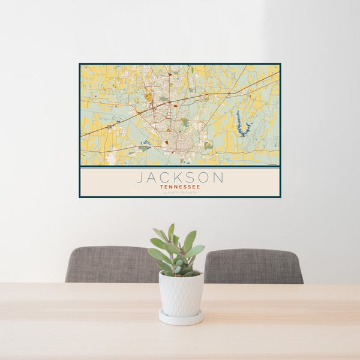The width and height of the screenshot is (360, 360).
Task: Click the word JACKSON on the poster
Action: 180,177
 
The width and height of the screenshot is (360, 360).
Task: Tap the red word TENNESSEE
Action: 180,186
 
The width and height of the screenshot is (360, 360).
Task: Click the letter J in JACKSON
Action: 140,177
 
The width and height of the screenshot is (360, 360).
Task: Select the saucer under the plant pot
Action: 181,317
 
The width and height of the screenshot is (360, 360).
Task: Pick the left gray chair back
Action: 111,264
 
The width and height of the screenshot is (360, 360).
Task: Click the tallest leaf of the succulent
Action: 171,231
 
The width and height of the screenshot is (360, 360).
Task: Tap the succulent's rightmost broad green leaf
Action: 196,251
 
